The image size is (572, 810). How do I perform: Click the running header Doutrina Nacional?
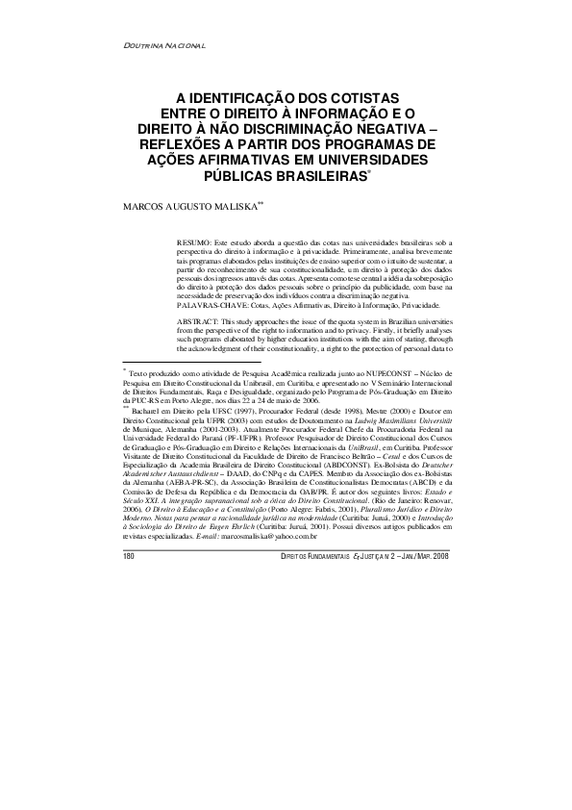coord(166,45)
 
